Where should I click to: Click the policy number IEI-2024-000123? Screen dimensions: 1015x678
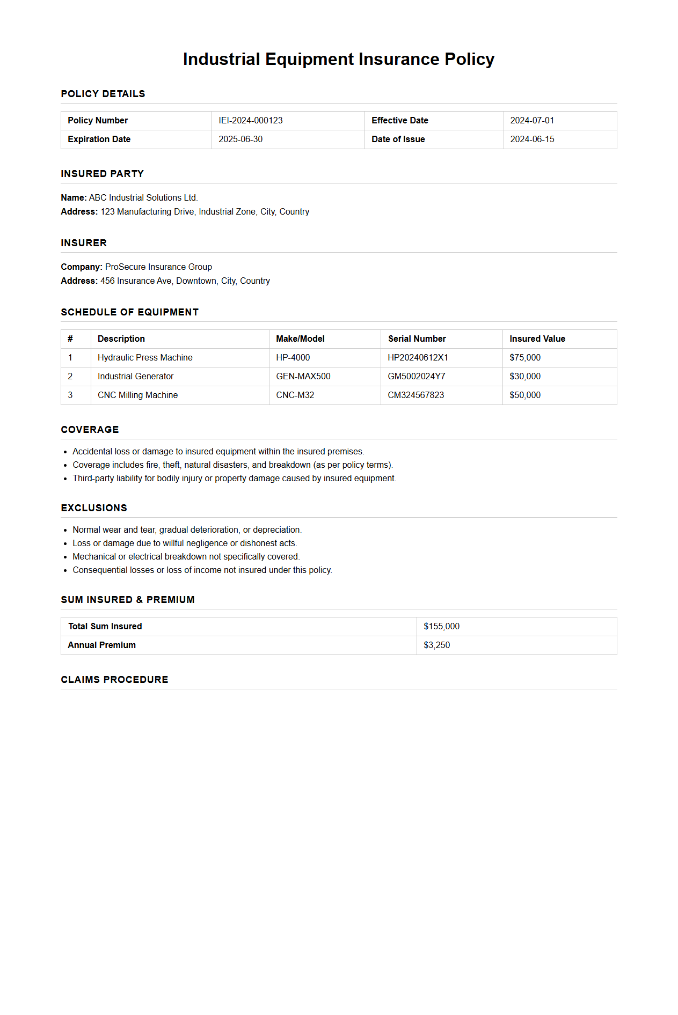click(250, 121)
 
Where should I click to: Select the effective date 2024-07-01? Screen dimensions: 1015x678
click(531, 121)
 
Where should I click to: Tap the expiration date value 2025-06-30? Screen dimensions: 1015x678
click(240, 139)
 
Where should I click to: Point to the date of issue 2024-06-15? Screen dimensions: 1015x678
click(532, 139)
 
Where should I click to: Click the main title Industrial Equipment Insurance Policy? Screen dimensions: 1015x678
click(338, 59)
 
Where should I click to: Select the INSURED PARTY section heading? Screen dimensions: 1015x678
click(102, 174)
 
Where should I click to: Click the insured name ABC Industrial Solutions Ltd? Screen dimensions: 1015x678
click(143, 198)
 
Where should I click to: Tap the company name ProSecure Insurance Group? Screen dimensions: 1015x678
click(158, 267)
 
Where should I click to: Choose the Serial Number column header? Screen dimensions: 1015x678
click(417, 339)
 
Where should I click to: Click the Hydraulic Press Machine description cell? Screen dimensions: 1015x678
click(145, 358)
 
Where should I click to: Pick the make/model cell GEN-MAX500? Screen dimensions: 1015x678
click(303, 377)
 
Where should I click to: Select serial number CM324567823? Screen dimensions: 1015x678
click(415, 395)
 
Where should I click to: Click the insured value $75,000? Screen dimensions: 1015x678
click(524, 358)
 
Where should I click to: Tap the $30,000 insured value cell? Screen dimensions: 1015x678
click(524, 377)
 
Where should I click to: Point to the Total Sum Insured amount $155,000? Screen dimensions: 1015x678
click(441, 627)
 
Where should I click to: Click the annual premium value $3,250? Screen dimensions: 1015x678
click(436, 645)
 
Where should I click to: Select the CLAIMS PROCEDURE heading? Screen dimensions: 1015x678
click(114, 680)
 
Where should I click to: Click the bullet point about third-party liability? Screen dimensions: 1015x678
click(234, 479)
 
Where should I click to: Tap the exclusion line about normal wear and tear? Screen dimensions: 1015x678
click(187, 530)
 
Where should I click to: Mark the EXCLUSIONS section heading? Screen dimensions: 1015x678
click(94, 508)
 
